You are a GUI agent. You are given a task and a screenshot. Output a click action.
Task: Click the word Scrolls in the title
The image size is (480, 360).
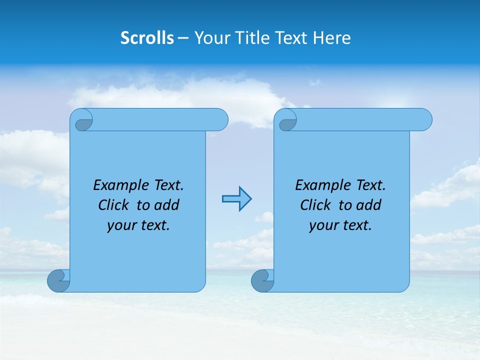tap(147, 38)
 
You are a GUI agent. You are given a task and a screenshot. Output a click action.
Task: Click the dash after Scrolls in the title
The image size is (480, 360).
tap(183, 38)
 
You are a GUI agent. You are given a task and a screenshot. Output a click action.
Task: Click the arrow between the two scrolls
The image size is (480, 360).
tap(236, 199)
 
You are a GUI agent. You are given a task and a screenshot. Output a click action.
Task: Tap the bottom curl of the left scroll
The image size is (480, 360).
tap(59, 280)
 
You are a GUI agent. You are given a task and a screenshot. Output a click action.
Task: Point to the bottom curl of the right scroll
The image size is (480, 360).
tap(263, 280)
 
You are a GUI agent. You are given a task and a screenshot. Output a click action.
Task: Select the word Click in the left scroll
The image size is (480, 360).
tap(113, 205)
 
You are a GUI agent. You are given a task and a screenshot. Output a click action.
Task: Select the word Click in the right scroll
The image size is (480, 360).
tap(315, 205)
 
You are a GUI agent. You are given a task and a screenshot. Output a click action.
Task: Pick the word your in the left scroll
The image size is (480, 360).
tap(121, 225)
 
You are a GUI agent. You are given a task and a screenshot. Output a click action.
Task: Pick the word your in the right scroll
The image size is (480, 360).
tap(323, 225)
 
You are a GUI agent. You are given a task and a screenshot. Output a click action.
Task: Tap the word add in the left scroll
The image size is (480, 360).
tap(167, 205)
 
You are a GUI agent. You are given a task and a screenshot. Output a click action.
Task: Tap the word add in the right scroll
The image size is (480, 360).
tap(369, 205)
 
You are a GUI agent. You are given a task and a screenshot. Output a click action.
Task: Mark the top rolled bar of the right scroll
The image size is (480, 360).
tap(360, 119)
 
